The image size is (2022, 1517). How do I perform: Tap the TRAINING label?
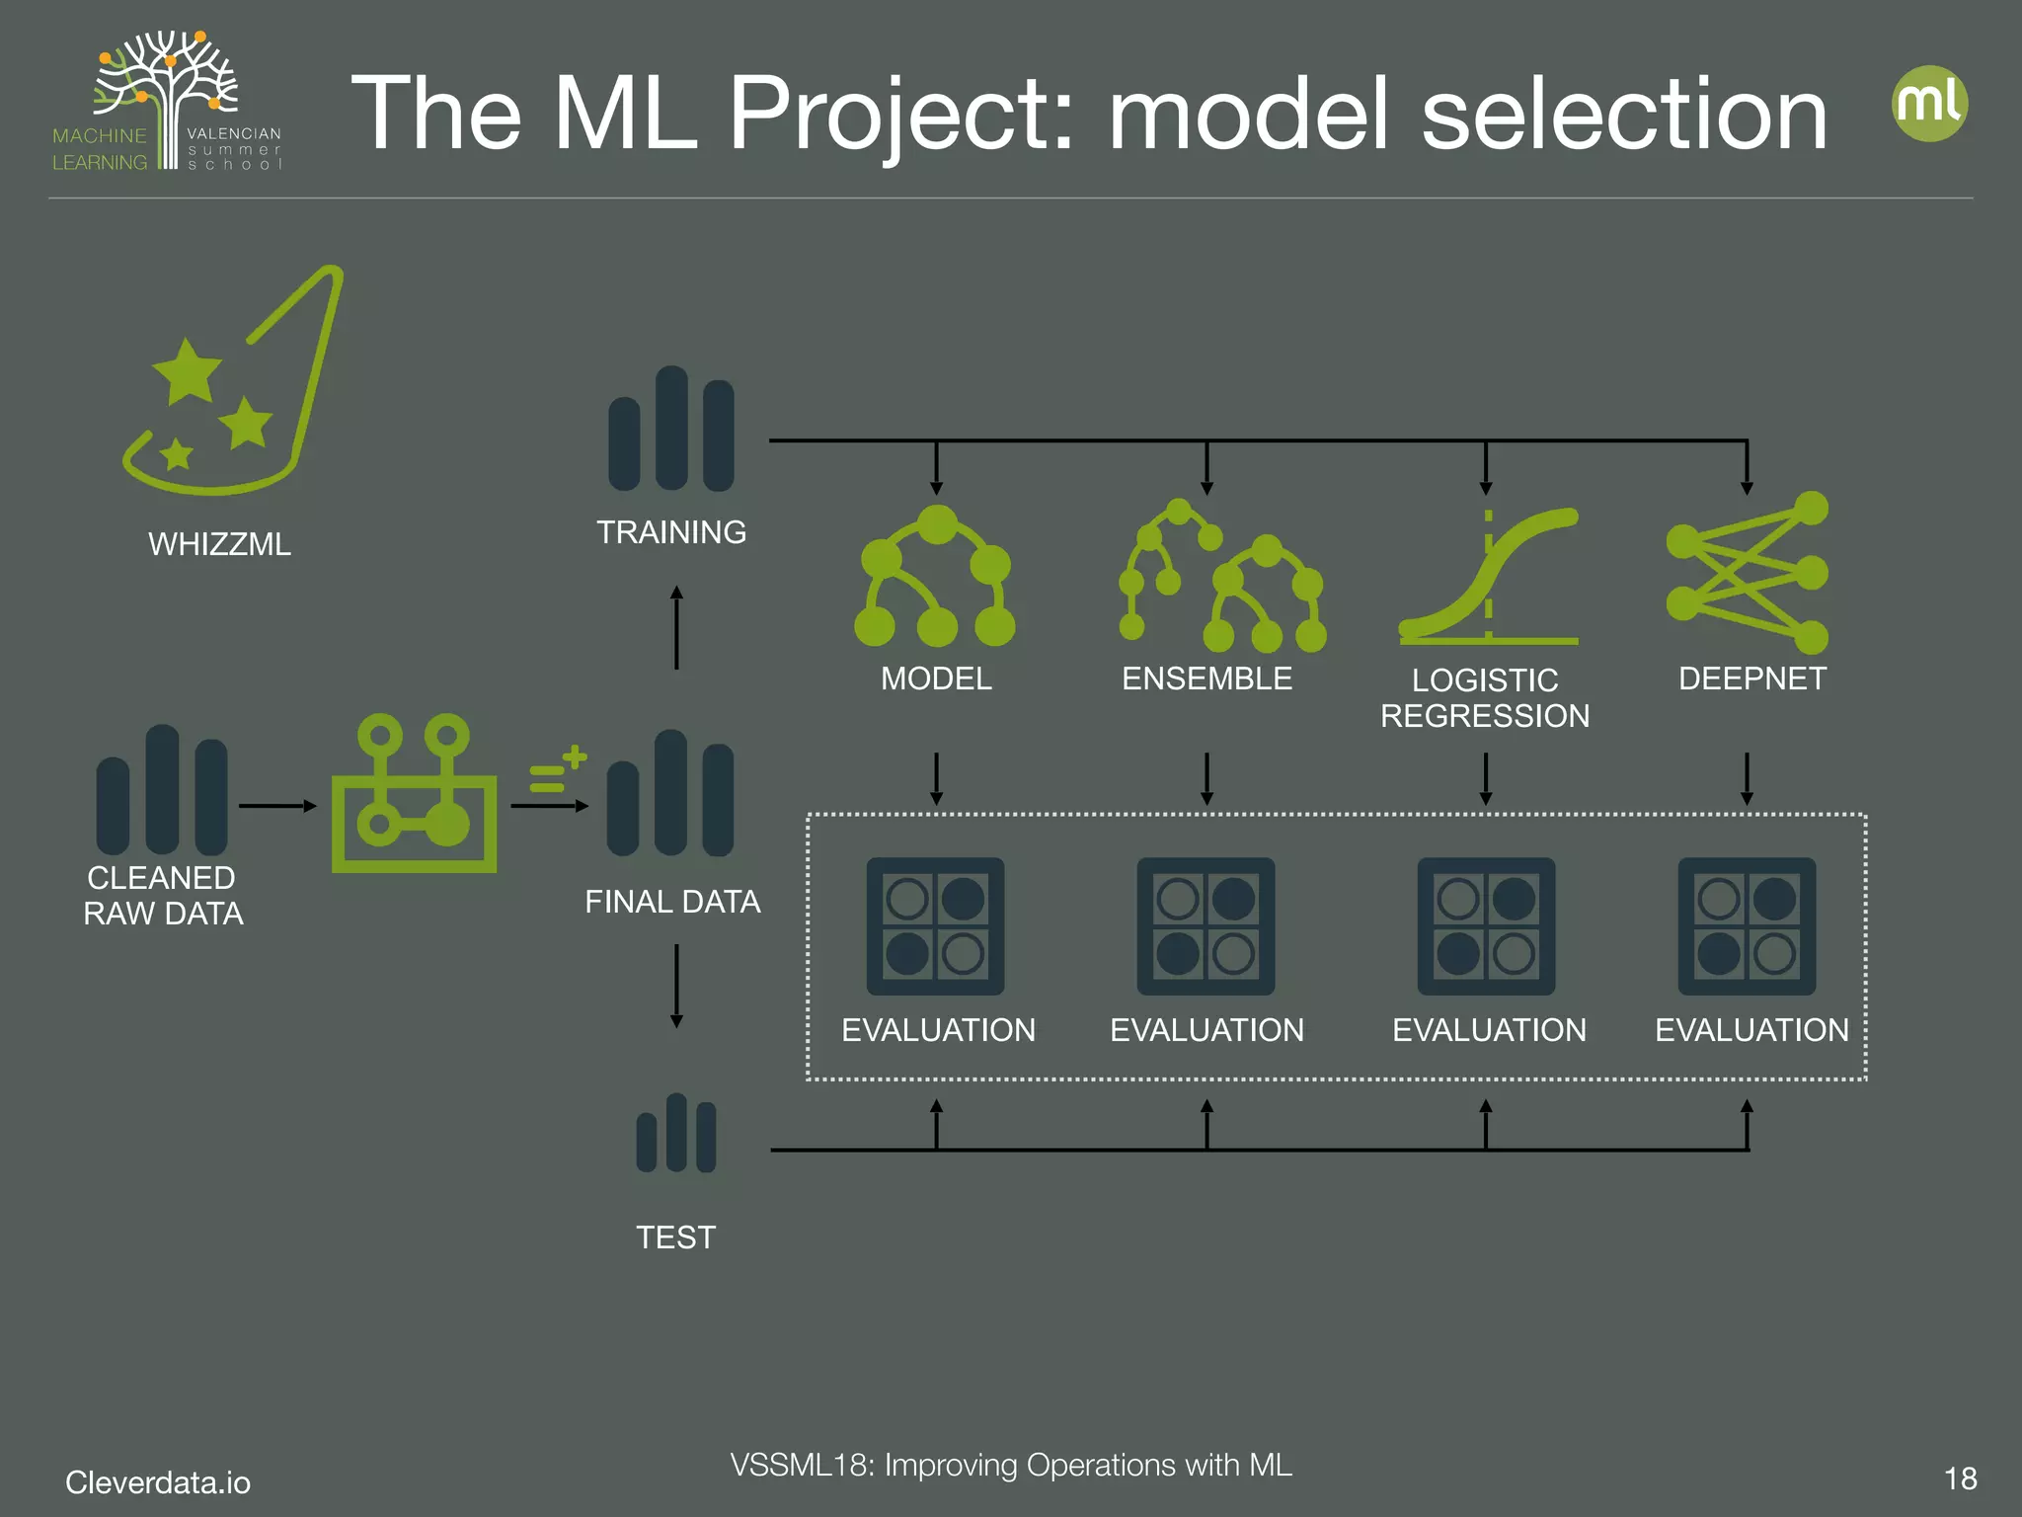(x=671, y=532)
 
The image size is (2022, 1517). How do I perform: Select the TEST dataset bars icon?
(x=676, y=1134)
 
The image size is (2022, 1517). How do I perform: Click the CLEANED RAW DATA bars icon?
(x=162, y=790)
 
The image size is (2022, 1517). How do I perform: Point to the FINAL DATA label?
(x=672, y=902)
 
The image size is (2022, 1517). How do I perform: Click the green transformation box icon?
(x=414, y=795)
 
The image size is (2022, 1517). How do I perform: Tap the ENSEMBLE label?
(x=1206, y=679)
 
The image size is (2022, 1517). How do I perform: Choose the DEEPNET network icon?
(x=1748, y=573)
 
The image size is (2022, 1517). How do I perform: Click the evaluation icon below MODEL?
(x=935, y=926)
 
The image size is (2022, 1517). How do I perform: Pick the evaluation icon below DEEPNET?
(x=1747, y=926)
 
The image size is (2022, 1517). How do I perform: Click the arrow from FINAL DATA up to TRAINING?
(x=676, y=628)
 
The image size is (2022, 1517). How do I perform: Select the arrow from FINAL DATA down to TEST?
(x=676, y=986)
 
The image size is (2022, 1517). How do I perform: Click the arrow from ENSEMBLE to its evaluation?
(x=1206, y=778)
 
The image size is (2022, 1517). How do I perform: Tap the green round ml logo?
(x=1929, y=104)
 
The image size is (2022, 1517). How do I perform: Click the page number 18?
(x=1960, y=1478)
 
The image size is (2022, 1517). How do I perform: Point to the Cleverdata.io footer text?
(x=158, y=1482)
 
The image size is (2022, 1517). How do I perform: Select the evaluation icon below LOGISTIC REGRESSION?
(x=1486, y=926)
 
